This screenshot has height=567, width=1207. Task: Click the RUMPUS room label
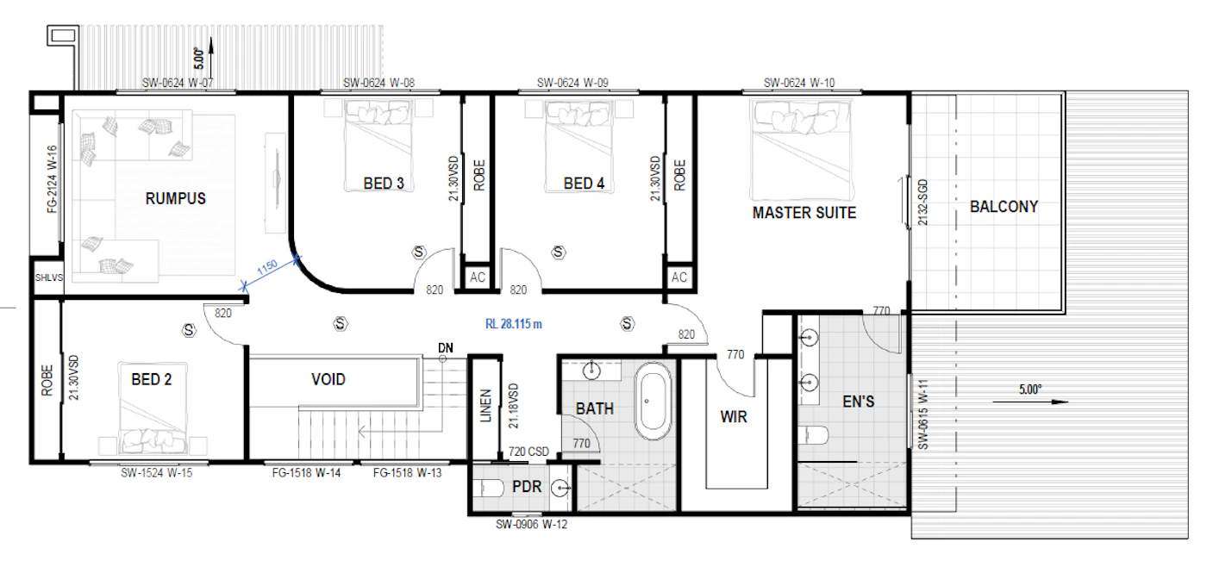pos(176,199)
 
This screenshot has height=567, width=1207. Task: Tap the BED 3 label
pos(384,184)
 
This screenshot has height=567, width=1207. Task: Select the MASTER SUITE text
pos(804,213)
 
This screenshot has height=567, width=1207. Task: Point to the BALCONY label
pos(1004,207)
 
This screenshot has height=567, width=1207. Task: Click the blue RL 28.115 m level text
pos(514,324)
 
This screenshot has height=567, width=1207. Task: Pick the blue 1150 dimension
pos(267,267)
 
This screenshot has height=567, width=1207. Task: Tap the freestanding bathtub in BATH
pos(654,401)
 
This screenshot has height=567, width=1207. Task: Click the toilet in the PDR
pos(491,488)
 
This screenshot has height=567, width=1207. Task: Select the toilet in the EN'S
pos(814,435)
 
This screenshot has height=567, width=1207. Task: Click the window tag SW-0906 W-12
pos(531,525)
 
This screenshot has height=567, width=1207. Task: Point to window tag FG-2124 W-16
pos(52,179)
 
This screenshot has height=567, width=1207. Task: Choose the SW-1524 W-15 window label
pos(156,473)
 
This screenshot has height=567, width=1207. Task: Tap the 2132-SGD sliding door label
pos(922,202)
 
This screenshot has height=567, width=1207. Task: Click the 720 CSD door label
pos(528,452)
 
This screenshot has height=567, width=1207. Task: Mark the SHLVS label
pos(49,277)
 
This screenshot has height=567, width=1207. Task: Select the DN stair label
pos(446,348)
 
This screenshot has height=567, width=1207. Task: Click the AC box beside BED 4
pos(679,277)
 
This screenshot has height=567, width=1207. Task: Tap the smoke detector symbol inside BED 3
pos(419,252)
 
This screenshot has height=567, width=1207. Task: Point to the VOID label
pos(328,380)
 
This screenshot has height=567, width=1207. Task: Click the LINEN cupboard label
pos(486,406)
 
